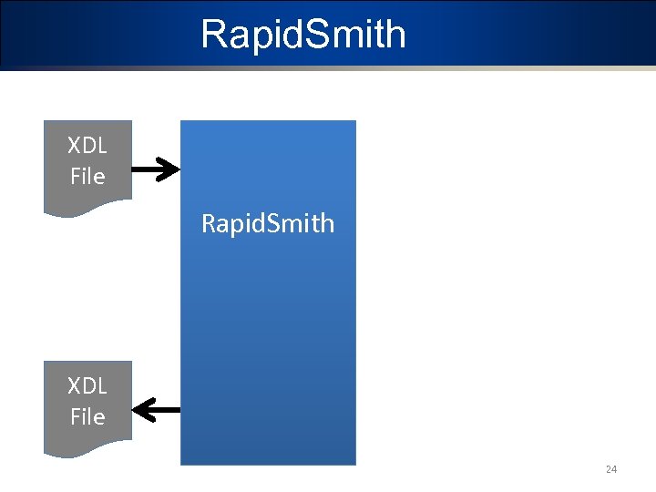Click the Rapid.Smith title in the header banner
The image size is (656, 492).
click(303, 35)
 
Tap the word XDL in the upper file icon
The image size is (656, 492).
click(87, 146)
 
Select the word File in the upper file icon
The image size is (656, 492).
click(87, 176)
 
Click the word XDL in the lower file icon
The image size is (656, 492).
click(87, 385)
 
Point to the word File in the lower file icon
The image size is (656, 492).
click(87, 416)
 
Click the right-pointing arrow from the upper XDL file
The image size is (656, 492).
click(156, 169)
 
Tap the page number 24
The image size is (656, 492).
click(611, 469)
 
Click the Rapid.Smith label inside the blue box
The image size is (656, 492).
click(268, 223)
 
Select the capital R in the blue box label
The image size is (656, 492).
click(209, 223)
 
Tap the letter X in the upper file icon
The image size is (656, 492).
click(74, 146)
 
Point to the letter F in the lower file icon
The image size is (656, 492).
click(76, 416)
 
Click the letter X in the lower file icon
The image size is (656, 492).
click(74, 385)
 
